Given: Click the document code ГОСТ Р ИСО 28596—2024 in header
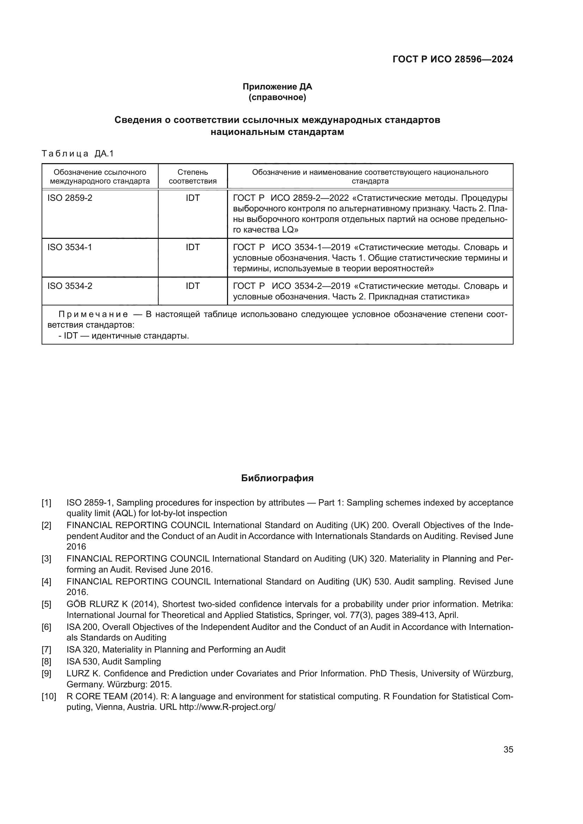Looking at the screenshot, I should click(453, 59).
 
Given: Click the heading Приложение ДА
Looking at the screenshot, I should click(277, 87).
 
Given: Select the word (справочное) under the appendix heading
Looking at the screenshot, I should click(277, 97).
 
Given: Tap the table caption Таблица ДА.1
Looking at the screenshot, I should click(78, 154).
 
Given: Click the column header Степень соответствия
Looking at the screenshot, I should click(192, 176).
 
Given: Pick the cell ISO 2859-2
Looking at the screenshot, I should click(70, 198).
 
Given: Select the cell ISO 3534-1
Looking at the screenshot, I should click(70, 247).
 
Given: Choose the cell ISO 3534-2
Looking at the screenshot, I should click(70, 286).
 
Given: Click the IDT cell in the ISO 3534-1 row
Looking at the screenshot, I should click(192, 247).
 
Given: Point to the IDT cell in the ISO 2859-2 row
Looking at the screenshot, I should click(192, 198).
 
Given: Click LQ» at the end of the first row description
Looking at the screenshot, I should click(290, 230).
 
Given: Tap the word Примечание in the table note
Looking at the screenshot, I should click(93, 314).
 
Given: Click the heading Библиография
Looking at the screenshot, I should click(277, 478).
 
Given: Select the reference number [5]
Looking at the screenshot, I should click(46, 605).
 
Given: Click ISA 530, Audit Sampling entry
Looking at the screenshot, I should click(113, 662).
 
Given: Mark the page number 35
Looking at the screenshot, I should click(508, 750).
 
